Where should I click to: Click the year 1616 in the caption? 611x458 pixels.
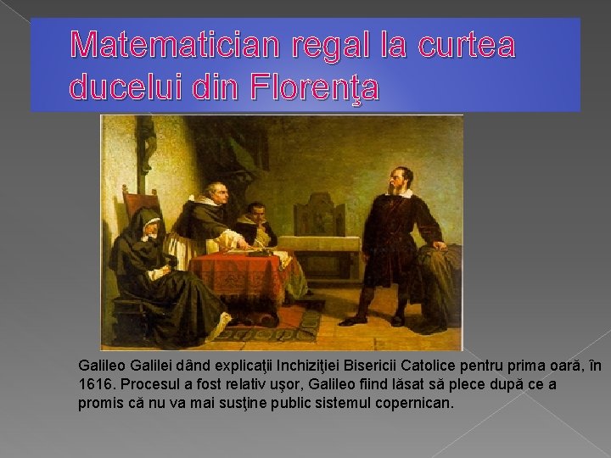(x=94, y=384)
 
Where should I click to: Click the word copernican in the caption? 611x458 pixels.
(x=414, y=402)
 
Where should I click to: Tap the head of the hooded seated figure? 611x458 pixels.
(x=150, y=224)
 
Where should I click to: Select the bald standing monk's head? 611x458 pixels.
(x=216, y=193)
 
